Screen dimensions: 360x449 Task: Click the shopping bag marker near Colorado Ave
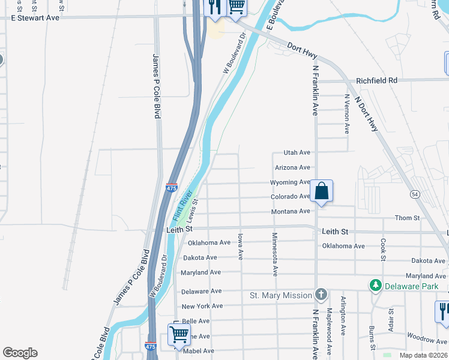pos(321,191)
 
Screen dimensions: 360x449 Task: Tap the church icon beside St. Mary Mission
pos(321,295)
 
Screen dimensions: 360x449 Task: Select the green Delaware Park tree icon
pos(375,286)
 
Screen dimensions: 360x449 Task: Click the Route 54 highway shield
pos(415,194)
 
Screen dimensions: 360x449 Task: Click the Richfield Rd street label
pos(376,80)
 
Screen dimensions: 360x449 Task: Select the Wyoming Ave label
pos(289,182)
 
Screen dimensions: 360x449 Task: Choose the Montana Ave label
pos(290,211)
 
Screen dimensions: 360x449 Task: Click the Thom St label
pos(407,218)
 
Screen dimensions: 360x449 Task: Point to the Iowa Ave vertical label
pos(240,246)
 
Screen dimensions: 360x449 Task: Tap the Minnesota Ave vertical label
pos(274,254)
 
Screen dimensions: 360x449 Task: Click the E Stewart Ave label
pos(35,18)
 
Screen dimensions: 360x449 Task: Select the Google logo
pos(20,353)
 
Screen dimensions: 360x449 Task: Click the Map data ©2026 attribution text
pos(423,355)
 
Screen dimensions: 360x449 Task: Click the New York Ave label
pos(202,306)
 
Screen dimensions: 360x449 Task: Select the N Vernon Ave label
pos(346,113)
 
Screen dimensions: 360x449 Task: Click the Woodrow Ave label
pos(427,340)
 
